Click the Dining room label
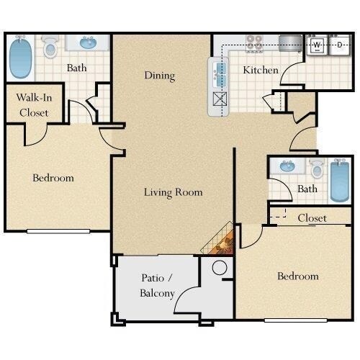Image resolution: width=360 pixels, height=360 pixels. click(160, 76)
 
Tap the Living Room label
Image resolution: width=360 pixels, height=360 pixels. click(173, 192)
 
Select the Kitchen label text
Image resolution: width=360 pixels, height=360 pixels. click(260, 70)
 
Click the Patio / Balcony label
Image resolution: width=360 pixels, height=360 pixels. click(156, 286)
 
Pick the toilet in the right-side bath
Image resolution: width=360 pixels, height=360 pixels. click(316, 170)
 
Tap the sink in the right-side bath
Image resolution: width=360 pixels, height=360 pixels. click(288, 168)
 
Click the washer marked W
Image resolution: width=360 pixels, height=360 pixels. click(317, 46)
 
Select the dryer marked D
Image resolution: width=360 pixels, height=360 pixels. click(339, 46)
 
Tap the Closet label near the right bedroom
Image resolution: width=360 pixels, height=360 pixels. click(312, 217)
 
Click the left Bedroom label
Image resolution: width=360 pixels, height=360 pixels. click(53, 178)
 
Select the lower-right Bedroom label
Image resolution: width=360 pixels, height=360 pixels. click(298, 276)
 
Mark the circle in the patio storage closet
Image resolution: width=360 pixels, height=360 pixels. click(220, 267)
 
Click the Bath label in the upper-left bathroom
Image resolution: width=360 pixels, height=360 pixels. click(77, 69)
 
